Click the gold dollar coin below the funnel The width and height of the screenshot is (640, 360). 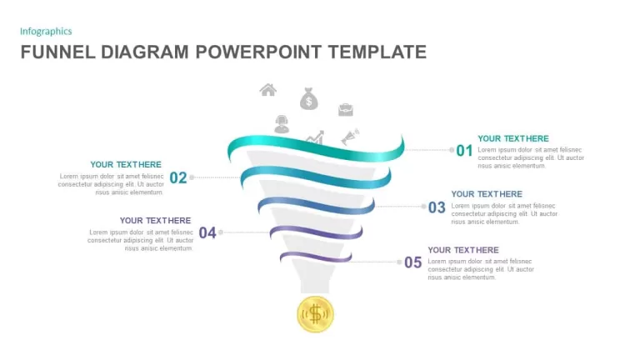tap(315, 314)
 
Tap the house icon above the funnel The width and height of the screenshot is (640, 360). tap(268, 90)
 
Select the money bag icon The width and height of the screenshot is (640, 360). tap(309, 99)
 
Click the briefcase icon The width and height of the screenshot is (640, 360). tap(346, 109)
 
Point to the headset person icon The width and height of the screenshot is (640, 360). tap(282, 124)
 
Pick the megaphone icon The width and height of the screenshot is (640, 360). tap(350, 137)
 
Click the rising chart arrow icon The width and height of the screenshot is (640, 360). tap(316, 137)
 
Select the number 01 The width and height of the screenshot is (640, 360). tap(464, 151)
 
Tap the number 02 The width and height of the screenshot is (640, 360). tap(178, 177)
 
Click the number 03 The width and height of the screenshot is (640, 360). tap(437, 207)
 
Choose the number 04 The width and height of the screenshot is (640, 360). tap(207, 232)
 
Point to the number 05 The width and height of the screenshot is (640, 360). tap(413, 262)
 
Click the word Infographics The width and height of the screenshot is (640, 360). tap(46, 32)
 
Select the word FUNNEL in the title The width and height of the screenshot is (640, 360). tap(58, 52)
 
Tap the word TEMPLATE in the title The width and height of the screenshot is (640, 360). tap(377, 52)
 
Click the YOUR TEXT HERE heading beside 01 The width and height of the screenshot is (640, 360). tap(513, 138)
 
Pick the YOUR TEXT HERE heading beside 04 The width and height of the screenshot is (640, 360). tap(156, 220)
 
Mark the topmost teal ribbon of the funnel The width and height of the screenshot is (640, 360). tap(316, 148)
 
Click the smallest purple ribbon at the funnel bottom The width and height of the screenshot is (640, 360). tap(316, 257)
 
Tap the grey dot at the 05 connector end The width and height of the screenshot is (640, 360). tap(399, 262)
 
